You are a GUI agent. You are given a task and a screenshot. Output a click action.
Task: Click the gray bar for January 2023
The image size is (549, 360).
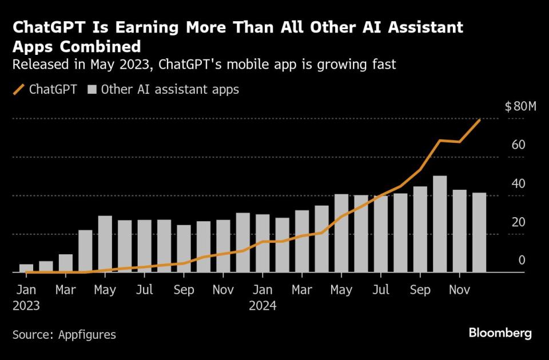click(x=26, y=268)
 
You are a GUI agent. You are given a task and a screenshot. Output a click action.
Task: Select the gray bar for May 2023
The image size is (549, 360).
click(x=105, y=244)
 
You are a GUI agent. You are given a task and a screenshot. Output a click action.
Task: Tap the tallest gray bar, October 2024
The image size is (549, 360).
click(x=440, y=224)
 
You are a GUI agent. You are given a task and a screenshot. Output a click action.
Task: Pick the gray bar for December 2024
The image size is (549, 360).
click(x=479, y=233)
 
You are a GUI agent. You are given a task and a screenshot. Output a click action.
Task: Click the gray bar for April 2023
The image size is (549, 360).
click(x=85, y=251)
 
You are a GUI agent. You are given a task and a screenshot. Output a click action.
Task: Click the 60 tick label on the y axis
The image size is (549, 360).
click(x=518, y=145)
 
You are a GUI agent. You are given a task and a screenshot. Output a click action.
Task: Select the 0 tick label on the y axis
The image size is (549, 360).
click(x=522, y=261)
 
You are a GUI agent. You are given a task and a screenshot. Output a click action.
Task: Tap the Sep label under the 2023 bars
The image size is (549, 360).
click(x=184, y=290)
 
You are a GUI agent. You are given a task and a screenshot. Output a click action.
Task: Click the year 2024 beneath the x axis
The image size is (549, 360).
click(x=262, y=306)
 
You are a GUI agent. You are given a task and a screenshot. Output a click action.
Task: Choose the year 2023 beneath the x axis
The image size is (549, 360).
click(x=26, y=306)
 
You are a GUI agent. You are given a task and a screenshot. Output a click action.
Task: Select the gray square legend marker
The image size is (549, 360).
click(x=91, y=90)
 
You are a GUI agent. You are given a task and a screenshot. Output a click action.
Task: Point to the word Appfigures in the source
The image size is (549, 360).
click(x=87, y=335)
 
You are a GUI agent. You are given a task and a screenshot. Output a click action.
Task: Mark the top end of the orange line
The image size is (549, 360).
click(x=479, y=120)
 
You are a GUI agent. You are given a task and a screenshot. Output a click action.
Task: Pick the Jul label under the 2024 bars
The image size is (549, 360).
click(x=381, y=290)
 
